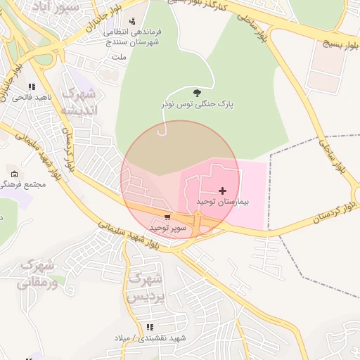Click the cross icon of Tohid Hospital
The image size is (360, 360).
tap(223, 191)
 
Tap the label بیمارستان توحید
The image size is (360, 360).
tap(223, 202)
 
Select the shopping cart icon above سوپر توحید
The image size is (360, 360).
tap(167, 217)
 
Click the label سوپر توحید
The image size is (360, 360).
tap(167, 229)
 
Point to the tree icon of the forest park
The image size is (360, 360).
tap(196, 93)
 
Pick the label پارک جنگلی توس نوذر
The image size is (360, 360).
tap(196, 105)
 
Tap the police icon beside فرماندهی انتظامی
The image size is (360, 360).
tap(131, 21)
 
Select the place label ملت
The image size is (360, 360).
tap(120, 56)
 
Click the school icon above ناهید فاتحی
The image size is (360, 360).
tap(32, 87)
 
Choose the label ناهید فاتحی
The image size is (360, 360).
tap(30, 98)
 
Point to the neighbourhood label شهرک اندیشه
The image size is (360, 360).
tap(79, 102)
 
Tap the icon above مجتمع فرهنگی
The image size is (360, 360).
tap(15, 174)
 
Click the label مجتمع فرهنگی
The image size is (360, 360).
tap(25, 184)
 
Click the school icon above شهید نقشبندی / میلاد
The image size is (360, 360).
tap(149, 327)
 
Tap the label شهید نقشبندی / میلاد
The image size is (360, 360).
tap(150, 338)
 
